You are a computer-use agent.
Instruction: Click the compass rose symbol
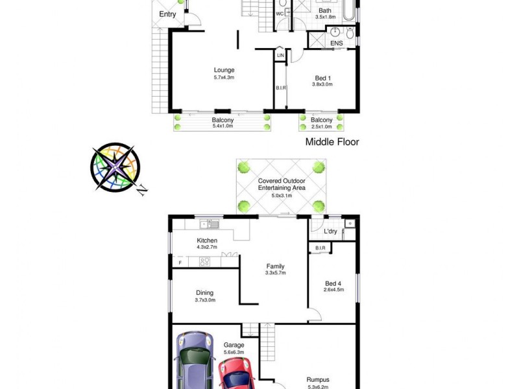(115, 167)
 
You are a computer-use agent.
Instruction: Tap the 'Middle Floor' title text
(333, 141)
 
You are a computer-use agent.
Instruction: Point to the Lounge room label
(224, 70)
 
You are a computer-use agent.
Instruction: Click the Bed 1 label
(321, 78)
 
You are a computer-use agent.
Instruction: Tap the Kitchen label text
(207, 241)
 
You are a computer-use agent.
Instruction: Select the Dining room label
(205, 292)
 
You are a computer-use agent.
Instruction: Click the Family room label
(275, 266)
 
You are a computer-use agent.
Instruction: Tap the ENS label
(336, 43)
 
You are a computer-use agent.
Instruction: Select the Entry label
(167, 14)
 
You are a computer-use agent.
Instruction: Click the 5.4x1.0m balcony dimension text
(223, 126)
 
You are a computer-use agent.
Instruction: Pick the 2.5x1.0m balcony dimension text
(321, 126)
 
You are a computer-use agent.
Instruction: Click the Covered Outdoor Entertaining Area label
(282, 184)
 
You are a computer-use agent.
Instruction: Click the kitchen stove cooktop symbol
(204, 262)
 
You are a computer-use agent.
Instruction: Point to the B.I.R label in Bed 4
(320, 248)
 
